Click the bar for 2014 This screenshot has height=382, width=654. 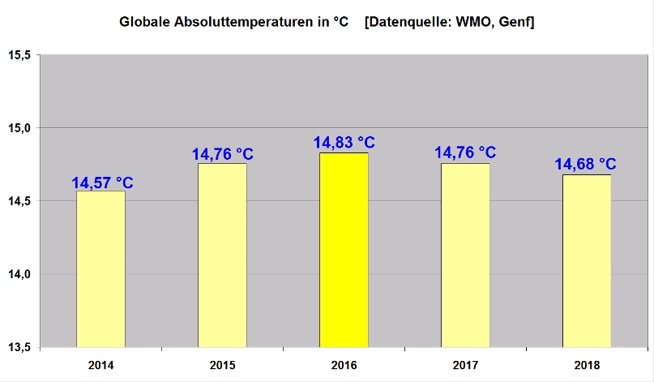pyautogui.click(x=100, y=268)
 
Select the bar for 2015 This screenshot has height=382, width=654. pyautogui.click(x=222, y=255)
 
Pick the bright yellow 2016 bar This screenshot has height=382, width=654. pyautogui.click(x=344, y=250)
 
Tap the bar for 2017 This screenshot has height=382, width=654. pyautogui.click(x=465, y=255)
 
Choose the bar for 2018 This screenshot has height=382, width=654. pyautogui.click(x=587, y=260)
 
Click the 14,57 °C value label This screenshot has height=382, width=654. pyautogui.click(x=102, y=182)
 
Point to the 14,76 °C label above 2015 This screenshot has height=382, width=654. pyautogui.click(x=222, y=155)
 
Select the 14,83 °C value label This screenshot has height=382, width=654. pyautogui.click(x=344, y=144)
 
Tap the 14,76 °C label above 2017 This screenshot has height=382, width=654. pyautogui.click(x=465, y=152)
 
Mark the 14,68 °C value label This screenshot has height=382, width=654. pyautogui.click(x=585, y=165)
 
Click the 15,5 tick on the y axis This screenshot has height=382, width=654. pyautogui.click(x=19, y=55)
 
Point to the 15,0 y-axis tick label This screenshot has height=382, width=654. pyautogui.click(x=19, y=128)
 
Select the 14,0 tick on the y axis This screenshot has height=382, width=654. pyautogui.click(x=19, y=274)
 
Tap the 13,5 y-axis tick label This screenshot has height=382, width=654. pyautogui.click(x=19, y=347)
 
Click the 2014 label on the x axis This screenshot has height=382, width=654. pyautogui.click(x=100, y=365)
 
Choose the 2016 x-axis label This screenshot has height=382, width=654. pyautogui.click(x=344, y=365)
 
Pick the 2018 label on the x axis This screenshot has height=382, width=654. pyautogui.click(x=587, y=365)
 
